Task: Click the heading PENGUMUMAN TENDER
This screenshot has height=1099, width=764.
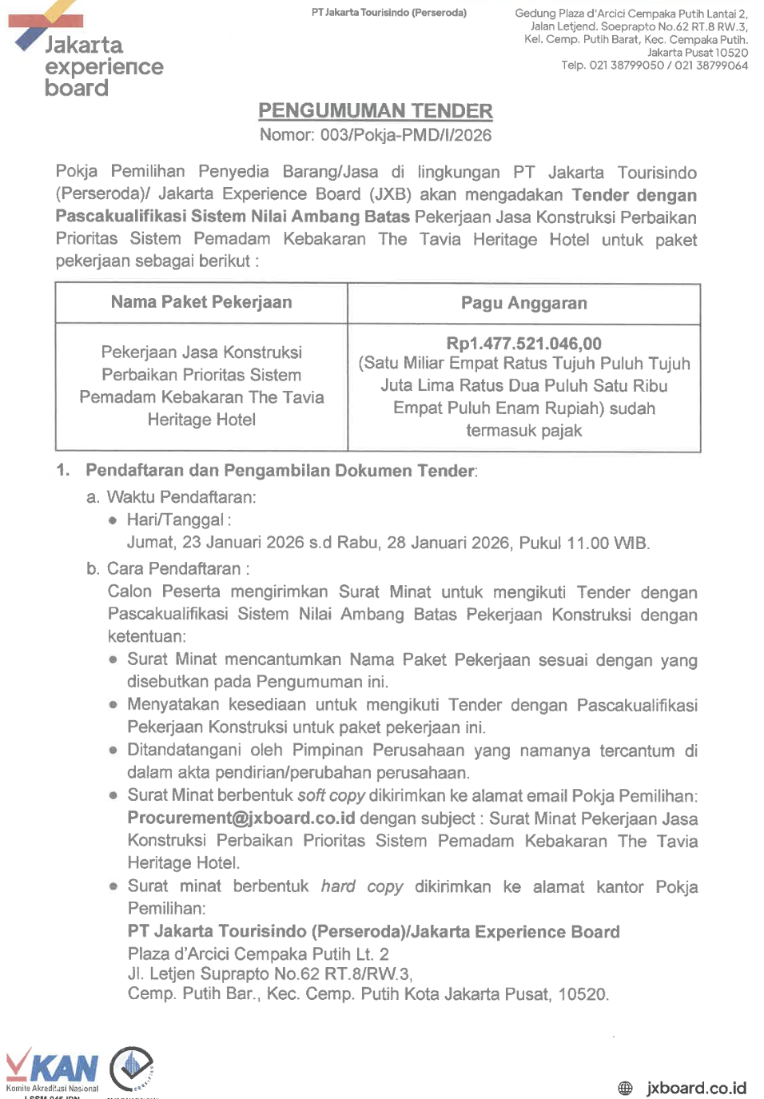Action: coord(375,111)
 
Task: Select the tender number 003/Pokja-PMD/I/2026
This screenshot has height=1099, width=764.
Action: coord(406,135)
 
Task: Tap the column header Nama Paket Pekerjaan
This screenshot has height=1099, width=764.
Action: coord(201,302)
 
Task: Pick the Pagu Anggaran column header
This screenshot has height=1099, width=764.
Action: coord(523,303)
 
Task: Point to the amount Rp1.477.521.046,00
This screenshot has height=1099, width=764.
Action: coord(523,344)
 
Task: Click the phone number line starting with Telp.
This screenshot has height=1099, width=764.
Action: coord(654,66)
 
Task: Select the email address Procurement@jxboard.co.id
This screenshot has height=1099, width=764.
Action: coord(241,818)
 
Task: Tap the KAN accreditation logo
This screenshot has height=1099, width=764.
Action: coord(52,1069)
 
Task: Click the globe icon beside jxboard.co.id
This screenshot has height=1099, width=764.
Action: coord(625,1088)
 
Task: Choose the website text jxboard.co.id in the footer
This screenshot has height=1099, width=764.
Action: coord(696,1088)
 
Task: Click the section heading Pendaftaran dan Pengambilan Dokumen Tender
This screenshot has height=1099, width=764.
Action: coord(281,471)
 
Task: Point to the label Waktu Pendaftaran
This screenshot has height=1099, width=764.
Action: coord(181,497)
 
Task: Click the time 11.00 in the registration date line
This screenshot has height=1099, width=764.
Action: coord(587,544)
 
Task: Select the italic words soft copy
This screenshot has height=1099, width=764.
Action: coord(331,796)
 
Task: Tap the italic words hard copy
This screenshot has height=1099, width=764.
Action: coord(362,886)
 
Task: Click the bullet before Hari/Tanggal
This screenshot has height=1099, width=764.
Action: coord(113,520)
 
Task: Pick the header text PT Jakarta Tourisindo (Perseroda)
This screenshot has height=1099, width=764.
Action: coord(389,13)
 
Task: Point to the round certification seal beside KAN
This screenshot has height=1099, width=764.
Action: coord(132,1068)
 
